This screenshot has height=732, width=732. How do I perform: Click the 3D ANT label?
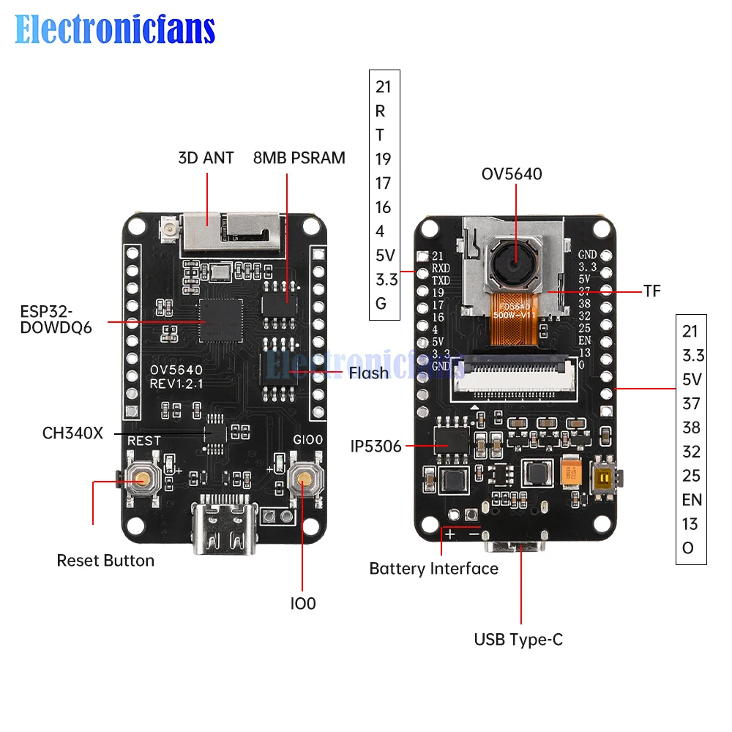206,157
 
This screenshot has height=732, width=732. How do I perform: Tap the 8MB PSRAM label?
299,157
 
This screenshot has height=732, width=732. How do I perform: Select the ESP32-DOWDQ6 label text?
56,318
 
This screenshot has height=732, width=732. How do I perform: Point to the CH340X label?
72,433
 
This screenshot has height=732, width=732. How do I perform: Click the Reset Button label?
105,561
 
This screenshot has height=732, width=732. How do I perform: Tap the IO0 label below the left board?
302,604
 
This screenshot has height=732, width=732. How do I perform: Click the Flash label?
369,373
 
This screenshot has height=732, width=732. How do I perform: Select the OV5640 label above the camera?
512,174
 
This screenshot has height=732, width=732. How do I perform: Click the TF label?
652,291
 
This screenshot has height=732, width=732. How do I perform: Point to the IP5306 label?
376,446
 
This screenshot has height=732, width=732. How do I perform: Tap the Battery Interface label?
433,569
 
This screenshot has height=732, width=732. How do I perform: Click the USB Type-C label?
518,639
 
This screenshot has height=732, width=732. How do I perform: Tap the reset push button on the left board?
140,480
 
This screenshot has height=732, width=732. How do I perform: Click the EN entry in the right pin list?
692,500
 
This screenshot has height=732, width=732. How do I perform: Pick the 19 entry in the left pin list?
383,159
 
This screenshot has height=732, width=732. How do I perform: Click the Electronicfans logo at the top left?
115,31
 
